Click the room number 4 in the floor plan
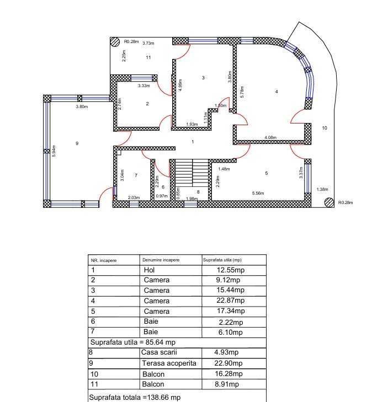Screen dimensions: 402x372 click(277, 91)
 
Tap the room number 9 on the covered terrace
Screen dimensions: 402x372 click(77, 143)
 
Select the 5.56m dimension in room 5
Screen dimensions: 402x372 click(258, 194)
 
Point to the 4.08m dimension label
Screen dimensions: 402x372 click(270, 137)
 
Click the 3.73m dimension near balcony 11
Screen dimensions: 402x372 click(148, 43)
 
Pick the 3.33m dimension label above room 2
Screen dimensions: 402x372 click(144, 86)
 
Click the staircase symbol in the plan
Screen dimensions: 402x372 click(192, 173)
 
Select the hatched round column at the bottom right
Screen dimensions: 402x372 click(329, 202)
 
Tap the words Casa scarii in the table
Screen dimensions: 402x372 click(160, 352)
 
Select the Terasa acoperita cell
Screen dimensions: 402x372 click(169, 363)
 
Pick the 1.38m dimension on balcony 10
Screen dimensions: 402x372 click(323, 190)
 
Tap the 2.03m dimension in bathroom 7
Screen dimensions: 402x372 click(133, 197)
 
